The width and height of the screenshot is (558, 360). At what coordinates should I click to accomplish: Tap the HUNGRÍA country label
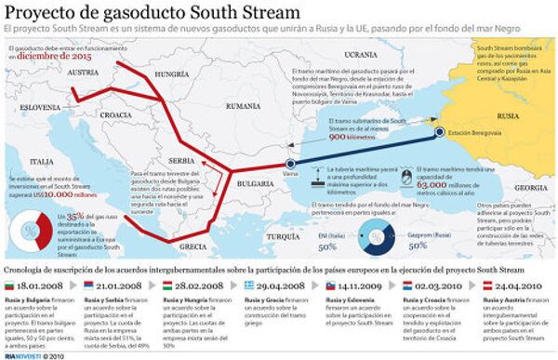tap(171, 72)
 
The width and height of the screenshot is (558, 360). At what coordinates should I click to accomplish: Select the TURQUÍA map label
tap(283, 238)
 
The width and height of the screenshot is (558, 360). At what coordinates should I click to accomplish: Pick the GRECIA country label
tap(194, 247)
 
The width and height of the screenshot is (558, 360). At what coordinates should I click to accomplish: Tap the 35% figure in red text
tap(77, 215)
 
